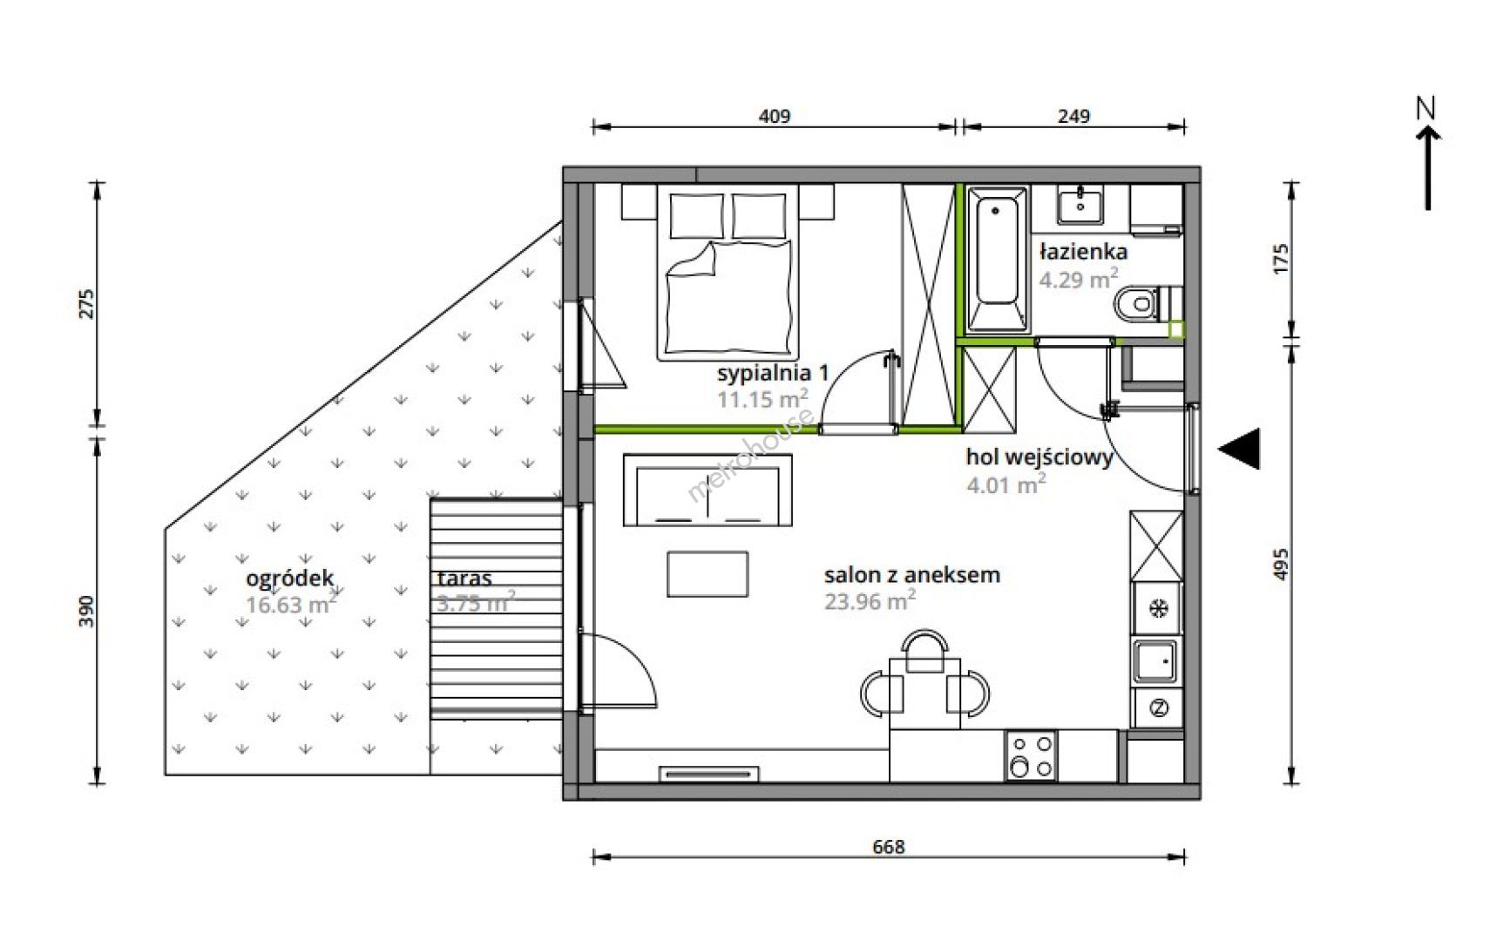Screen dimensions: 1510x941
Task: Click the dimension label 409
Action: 774,116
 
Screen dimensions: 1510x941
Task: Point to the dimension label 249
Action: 1073,116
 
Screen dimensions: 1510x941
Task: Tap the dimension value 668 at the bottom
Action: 889,846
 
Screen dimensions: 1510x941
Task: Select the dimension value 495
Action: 1280,564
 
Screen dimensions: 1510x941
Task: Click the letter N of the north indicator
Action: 1425,108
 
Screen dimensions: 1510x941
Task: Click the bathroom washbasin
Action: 1080,204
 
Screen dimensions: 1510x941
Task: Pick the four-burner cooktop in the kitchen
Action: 1031,755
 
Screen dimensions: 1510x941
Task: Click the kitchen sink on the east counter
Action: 1156,661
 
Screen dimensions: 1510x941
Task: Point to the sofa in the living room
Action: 708,491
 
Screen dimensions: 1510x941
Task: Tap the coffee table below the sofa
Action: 708,574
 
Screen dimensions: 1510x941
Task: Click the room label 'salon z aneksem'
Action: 912,575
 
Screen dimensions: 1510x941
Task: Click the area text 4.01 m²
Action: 1006,484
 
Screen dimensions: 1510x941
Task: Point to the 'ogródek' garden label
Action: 290,579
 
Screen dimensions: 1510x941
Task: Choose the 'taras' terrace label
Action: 465,578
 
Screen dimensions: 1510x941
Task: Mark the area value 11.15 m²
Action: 762,398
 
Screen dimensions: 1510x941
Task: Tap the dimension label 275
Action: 85,304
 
